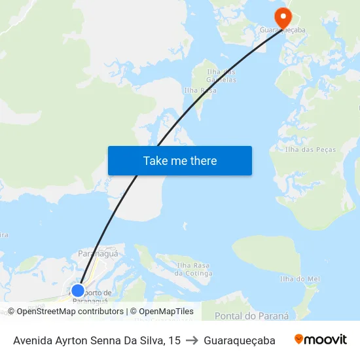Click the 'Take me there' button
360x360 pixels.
pos(180,160)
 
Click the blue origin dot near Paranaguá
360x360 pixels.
pos(78,290)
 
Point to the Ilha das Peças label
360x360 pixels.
pos(310,149)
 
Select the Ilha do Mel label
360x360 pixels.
pos(300,279)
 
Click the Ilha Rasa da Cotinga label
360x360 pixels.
pos(193,268)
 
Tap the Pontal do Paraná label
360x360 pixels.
pos(251,315)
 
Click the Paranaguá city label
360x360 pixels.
pos(98,253)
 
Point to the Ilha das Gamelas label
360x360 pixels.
pos(221,75)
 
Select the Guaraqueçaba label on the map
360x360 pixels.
pos(283,30)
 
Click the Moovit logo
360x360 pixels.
pos(321,340)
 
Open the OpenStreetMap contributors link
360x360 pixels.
pos(70,312)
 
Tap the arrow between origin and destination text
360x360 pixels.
pos(192,340)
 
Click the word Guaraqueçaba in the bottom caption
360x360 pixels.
pos(239,340)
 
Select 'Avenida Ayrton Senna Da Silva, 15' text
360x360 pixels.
pos(97,340)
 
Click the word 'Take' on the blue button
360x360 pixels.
pos(155,160)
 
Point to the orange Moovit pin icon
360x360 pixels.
pos(299,339)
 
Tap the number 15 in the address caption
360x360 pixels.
pos(174,340)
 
